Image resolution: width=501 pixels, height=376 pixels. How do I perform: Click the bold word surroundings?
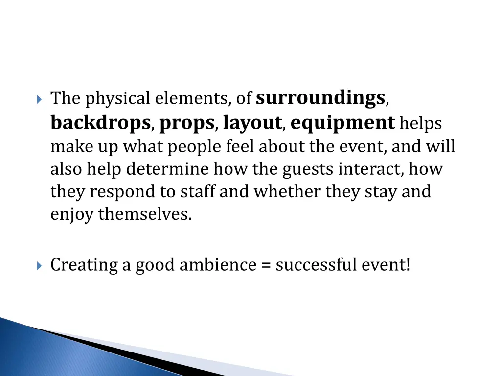pos(320,98)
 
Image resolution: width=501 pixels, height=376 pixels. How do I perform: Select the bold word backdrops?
pos(100,123)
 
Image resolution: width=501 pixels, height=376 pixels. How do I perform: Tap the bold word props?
pos(187,123)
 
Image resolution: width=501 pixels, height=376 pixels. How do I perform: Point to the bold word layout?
pos(252,123)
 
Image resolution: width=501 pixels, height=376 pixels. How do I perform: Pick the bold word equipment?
pos(342,123)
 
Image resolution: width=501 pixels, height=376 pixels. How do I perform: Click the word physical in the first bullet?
pos(118,99)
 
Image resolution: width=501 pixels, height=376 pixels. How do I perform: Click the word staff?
pos(198,191)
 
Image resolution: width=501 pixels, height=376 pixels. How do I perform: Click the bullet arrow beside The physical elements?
pos(40,99)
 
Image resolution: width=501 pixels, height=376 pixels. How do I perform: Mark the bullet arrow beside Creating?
pos(40,266)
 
